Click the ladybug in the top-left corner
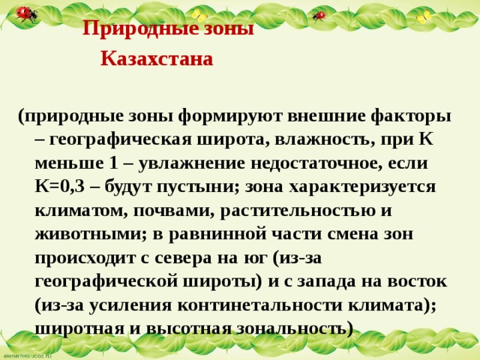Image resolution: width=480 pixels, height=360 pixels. point(27,13)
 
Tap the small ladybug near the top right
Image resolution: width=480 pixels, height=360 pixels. point(319,15)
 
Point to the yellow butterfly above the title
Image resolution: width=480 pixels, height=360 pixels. point(199,14)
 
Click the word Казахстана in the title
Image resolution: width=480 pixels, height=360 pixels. point(157,58)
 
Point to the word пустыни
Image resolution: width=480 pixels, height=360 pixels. point(195,187)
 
